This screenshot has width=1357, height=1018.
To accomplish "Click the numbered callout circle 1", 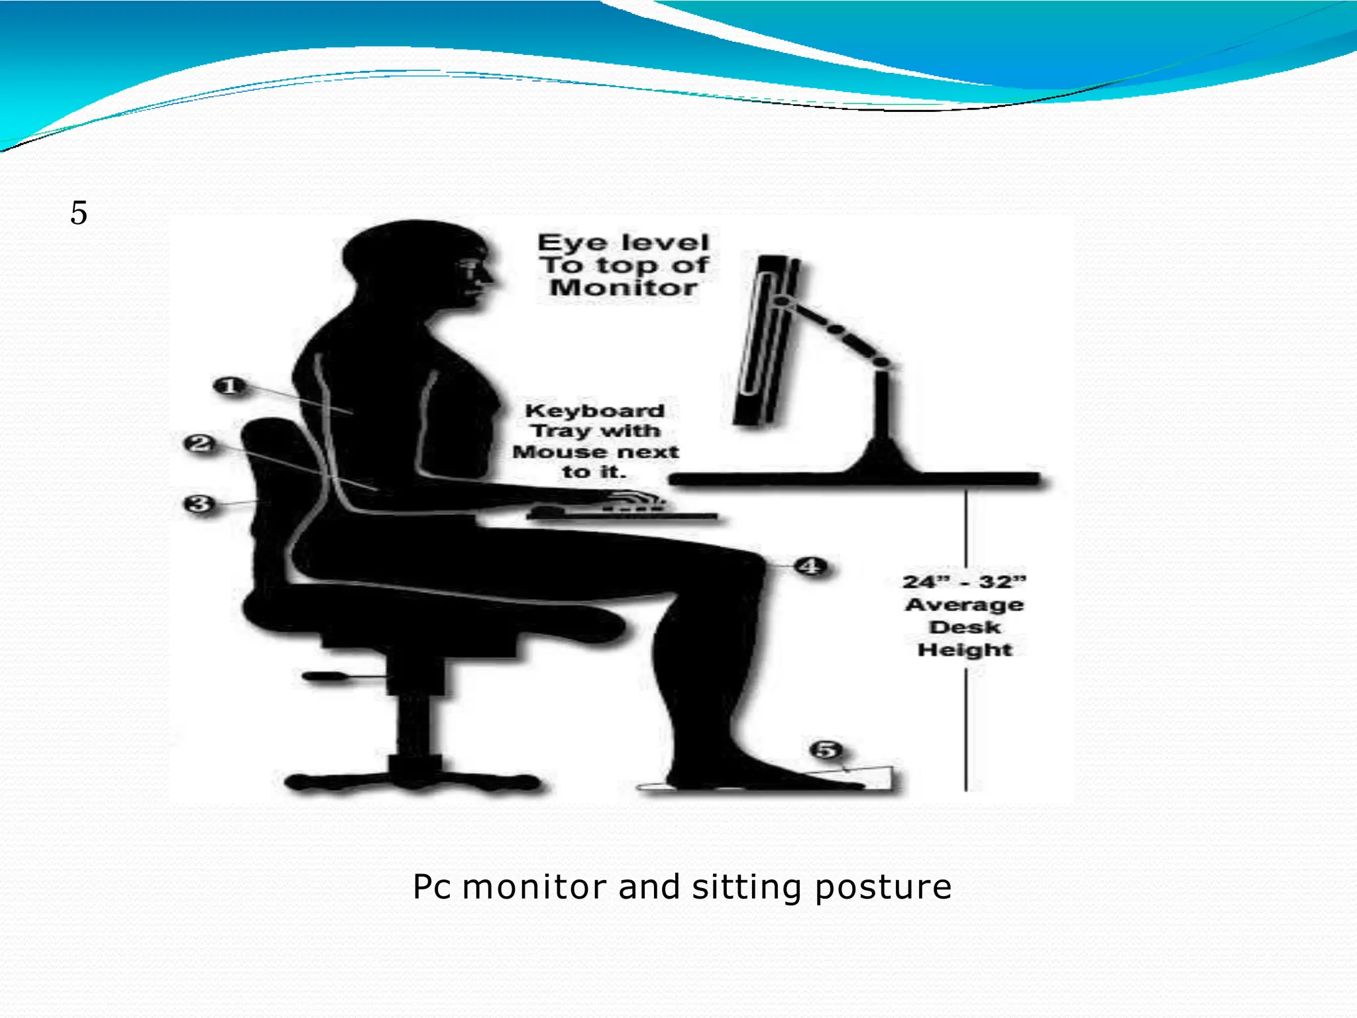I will pyautogui.click(x=229, y=386).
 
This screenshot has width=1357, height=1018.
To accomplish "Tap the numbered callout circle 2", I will pyautogui.click(x=200, y=443).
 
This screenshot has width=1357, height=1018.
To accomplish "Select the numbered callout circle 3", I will pyautogui.click(x=199, y=504).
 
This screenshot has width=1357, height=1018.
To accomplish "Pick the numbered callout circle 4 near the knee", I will pyautogui.click(x=810, y=567).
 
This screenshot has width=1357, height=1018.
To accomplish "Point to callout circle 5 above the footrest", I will pyautogui.click(x=826, y=750).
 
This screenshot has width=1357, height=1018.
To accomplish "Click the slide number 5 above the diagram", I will pyautogui.click(x=79, y=213).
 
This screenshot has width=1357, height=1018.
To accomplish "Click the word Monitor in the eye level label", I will pyautogui.click(x=623, y=288).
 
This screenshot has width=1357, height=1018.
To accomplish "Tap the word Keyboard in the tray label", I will pyautogui.click(x=594, y=411).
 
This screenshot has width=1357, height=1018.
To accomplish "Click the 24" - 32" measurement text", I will pyautogui.click(x=964, y=582).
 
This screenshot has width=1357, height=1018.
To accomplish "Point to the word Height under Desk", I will pyautogui.click(x=965, y=650).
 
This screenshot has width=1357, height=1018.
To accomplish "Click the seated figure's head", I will pyautogui.click(x=417, y=265).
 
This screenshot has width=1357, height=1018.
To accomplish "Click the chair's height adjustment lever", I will pyautogui.click(x=328, y=677).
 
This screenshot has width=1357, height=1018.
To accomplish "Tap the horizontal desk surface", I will pyautogui.click(x=855, y=479).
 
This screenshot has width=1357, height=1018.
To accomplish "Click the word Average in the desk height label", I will pyautogui.click(x=964, y=605).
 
